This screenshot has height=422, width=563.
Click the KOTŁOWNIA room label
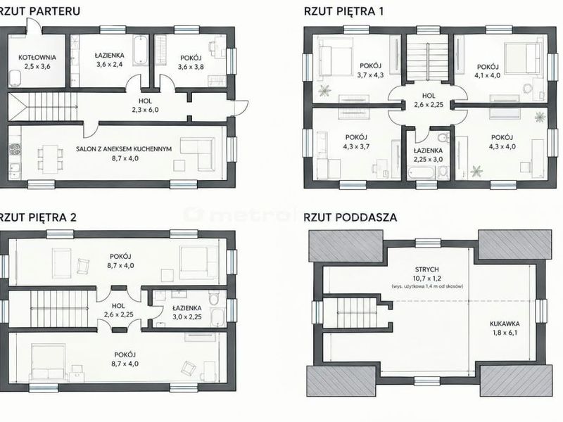coord(37,58)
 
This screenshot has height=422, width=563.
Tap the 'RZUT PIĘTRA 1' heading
coord(343,11)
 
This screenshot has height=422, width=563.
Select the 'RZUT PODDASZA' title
coord(350,217)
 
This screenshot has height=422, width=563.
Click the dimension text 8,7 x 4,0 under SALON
coord(124,158)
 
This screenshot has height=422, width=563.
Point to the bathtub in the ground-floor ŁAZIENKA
coord(140,50)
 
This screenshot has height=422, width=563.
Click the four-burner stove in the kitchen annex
coord(15,150)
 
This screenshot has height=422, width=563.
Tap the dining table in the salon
coord(50,158)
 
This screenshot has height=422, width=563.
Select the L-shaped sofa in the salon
coord(197,151)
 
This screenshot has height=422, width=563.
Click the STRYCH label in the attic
coord(426,269)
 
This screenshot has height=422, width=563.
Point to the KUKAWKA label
coord(505,324)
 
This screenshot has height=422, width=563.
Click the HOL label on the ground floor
coord(145,101)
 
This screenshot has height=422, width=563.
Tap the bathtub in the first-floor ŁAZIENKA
coord(422,173)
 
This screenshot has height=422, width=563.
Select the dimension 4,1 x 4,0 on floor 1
coord(488,76)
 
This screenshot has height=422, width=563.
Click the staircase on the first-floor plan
coord(428,58)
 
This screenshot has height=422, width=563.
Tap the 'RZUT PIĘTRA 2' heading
coord(38,217)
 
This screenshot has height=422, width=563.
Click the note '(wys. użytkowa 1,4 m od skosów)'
coord(427,286)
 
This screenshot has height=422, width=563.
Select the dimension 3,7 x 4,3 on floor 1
coord(370,75)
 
